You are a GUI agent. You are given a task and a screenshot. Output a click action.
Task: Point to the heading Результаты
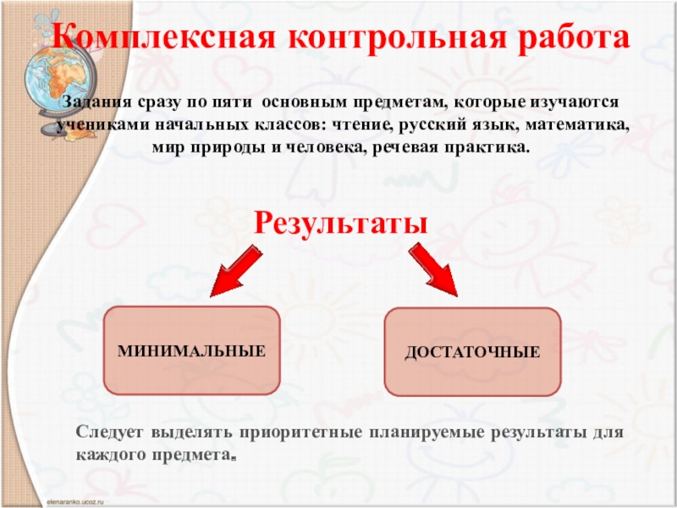point(339,224)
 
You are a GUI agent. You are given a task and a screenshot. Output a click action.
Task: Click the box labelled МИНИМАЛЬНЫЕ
point(191,350)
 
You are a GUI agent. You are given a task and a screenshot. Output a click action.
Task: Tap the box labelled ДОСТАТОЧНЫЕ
point(472,351)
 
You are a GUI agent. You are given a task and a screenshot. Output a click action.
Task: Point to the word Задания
point(96,102)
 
